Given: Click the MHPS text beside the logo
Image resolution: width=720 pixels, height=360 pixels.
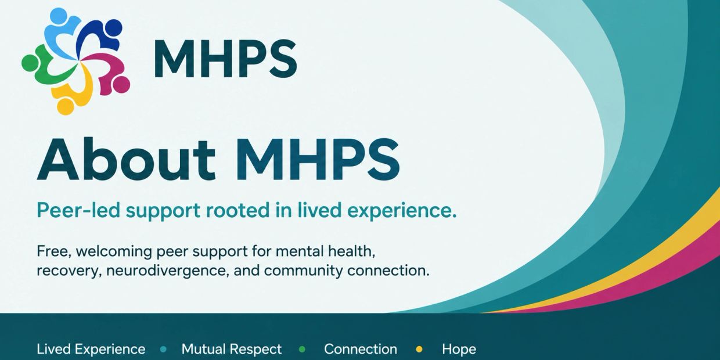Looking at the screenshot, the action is point(225,59).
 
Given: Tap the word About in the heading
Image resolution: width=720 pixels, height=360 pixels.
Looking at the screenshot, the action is point(125,160).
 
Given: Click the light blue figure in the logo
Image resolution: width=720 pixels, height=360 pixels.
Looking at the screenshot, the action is point(60,33).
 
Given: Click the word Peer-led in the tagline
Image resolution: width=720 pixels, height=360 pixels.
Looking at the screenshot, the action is point(78,210).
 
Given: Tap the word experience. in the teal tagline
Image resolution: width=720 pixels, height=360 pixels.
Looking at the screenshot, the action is point(393,211).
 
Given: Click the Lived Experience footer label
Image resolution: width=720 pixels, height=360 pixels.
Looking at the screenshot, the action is point(91,349).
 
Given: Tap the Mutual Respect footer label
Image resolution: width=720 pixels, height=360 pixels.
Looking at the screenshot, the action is point(232,349).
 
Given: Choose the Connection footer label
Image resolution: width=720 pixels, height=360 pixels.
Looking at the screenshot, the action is point(361,349).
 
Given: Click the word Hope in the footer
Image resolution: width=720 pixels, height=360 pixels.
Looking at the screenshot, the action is point(459,349).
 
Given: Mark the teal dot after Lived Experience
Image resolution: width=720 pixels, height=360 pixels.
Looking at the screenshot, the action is point(164,349).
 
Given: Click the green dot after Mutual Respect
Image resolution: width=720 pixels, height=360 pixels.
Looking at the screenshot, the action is point(303,349).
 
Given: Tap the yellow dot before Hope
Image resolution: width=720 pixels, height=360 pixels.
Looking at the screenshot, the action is point(419,349).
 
